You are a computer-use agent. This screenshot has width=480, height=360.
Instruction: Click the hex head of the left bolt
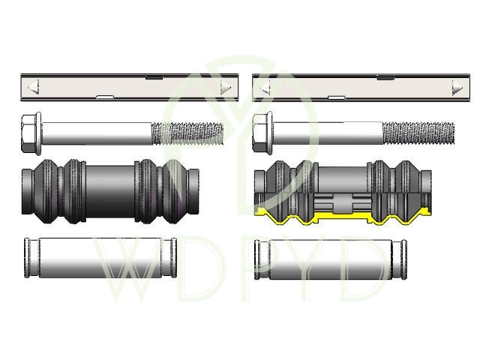tap(31, 133)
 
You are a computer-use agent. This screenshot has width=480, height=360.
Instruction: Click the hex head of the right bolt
tap(262, 133)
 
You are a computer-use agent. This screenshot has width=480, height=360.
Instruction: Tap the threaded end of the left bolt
tap(187, 133)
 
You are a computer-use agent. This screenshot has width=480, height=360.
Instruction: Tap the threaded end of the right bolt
tap(418, 133)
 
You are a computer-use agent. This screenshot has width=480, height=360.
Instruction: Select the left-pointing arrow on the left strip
tap(34, 87)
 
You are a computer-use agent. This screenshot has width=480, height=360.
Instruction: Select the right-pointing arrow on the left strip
tap(226, 87)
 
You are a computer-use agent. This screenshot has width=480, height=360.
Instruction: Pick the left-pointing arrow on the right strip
tap(265, 88)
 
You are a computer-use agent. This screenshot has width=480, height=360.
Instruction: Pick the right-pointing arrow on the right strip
tap(457, 88)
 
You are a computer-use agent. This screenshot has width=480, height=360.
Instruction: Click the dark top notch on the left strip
tap(154, 77)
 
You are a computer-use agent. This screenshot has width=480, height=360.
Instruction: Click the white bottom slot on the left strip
tap(105, 97)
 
